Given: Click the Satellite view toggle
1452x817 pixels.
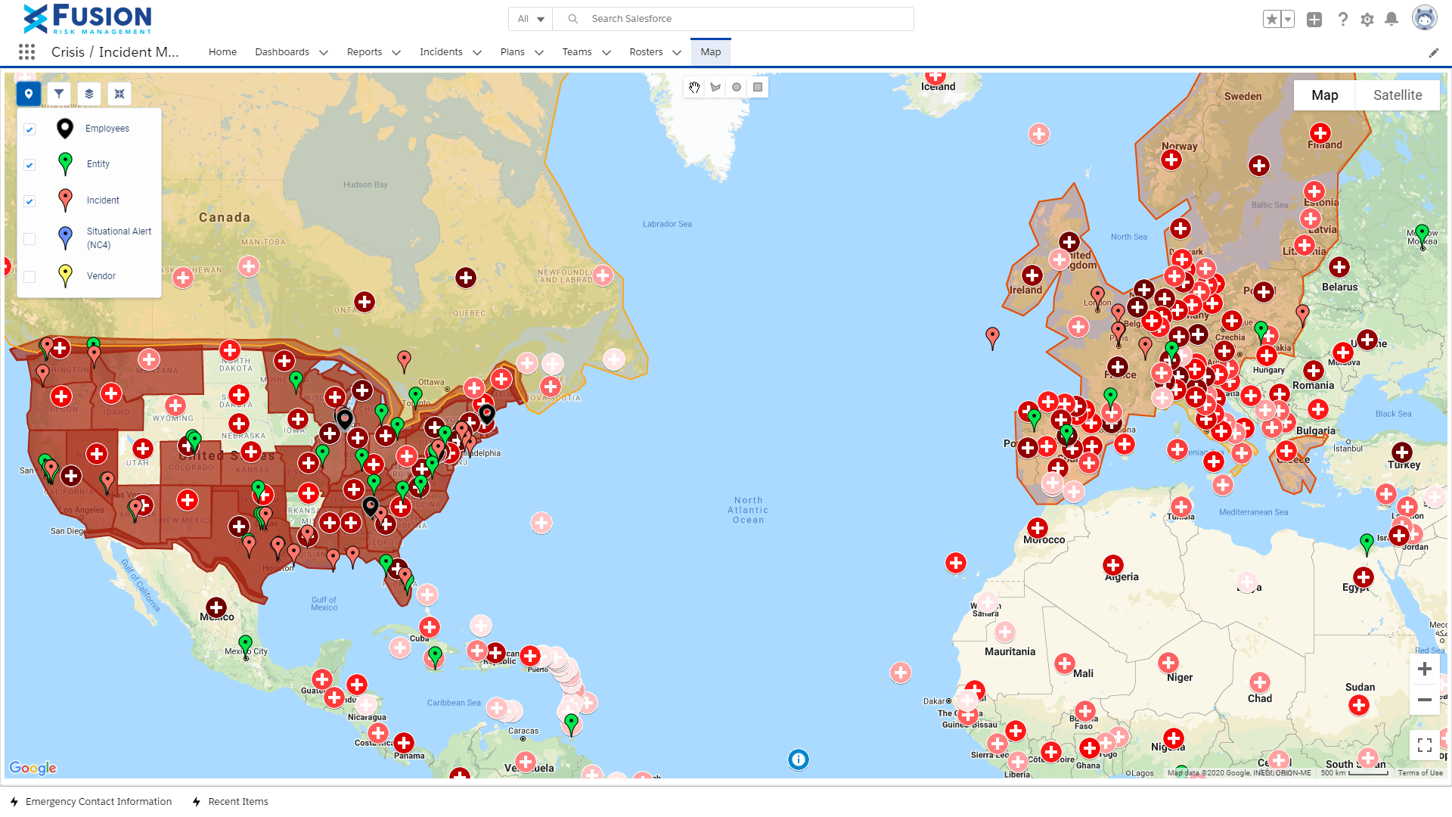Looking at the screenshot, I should [1397, 95].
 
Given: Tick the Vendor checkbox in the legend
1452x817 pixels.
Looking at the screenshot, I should [29, 277].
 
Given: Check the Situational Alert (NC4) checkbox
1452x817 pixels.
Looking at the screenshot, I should [29, 239].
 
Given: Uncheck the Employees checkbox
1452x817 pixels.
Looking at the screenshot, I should [29, 129].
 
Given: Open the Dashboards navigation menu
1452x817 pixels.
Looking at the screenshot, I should [290, 52].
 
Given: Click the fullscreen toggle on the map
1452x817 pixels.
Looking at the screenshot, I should [1424, 746].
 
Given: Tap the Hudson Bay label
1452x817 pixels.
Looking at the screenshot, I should [365, 185].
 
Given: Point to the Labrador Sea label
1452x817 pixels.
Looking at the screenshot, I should [667, 224].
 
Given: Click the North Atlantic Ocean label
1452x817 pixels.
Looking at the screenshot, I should [748, 510].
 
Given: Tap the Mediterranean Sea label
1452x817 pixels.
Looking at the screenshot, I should [1253, 512].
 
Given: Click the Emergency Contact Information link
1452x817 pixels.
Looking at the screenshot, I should [98, 802].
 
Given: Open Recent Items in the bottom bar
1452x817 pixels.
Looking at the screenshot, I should [237, 802].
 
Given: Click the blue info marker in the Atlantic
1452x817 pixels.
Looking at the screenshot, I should [799, 760].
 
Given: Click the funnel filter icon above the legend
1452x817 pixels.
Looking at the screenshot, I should [59, 94].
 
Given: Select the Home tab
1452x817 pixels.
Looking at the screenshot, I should [222, 52].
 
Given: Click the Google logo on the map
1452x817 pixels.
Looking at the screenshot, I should [33, 768].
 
